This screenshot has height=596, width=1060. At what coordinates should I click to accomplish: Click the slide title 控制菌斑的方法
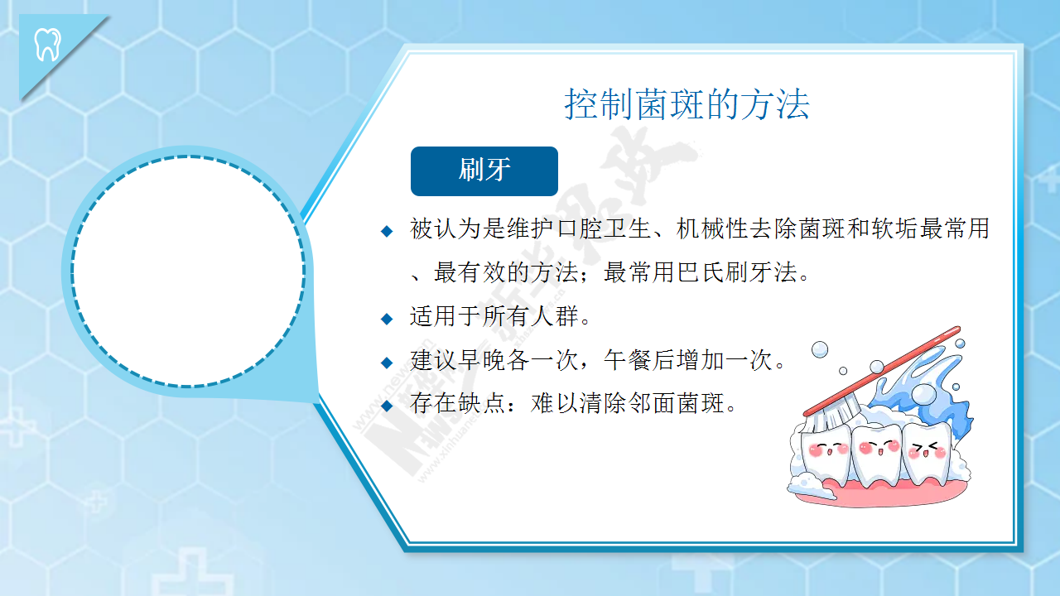(687, 103)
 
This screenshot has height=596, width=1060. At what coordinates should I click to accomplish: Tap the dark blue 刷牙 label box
(484, 171)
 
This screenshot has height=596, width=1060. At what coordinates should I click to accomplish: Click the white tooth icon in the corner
(48, 45)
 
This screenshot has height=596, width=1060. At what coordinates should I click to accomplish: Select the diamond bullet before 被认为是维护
(387, 231)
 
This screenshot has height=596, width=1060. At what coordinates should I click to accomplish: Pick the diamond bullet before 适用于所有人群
(387, 319)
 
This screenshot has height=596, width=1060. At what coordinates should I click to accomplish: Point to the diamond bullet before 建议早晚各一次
(387, 363)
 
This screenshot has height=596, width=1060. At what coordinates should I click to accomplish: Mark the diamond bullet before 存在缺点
(387, 406)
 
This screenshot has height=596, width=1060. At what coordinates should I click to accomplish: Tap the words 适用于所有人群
(494, 316)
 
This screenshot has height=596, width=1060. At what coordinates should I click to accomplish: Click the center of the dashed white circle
(188, 271)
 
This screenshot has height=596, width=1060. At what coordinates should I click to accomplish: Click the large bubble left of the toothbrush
(820, 349)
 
